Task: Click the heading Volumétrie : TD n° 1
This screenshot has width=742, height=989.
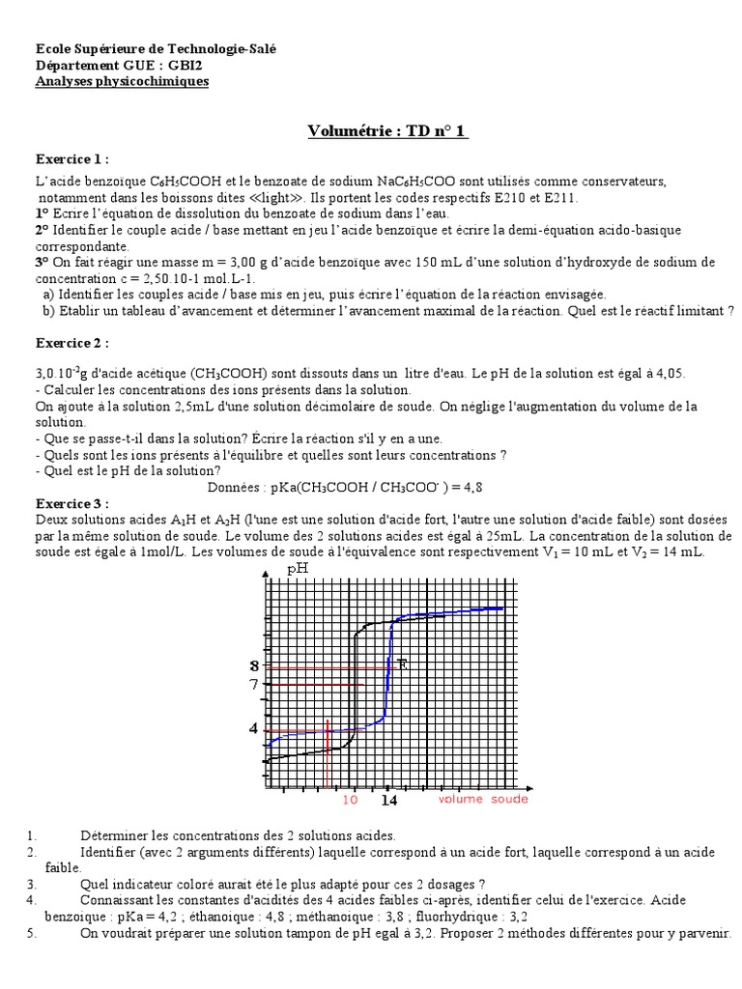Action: tap(387, 131)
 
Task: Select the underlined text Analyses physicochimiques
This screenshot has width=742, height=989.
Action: tap(122, 81)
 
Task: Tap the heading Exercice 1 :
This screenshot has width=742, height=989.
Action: tap(72, 158)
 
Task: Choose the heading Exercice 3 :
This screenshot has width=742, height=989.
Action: tap(72, 503)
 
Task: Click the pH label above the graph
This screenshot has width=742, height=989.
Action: tap(298, 569)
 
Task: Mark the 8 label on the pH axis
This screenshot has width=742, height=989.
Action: tap(254, 665)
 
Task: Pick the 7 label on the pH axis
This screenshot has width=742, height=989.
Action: tap(254, 685)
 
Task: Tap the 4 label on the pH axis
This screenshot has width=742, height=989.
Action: tap(254, 728)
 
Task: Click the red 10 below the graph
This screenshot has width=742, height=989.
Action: tap(350, 800)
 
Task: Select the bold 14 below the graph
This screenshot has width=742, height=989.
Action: tap(388, 801)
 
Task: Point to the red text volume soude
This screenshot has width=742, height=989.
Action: tap(483, 800)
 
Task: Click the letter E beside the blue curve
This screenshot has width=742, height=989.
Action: tap(402, 664)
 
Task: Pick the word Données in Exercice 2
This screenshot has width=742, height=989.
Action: tap(236, 489)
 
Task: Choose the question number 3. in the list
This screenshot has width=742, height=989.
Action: tap(31, 883)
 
